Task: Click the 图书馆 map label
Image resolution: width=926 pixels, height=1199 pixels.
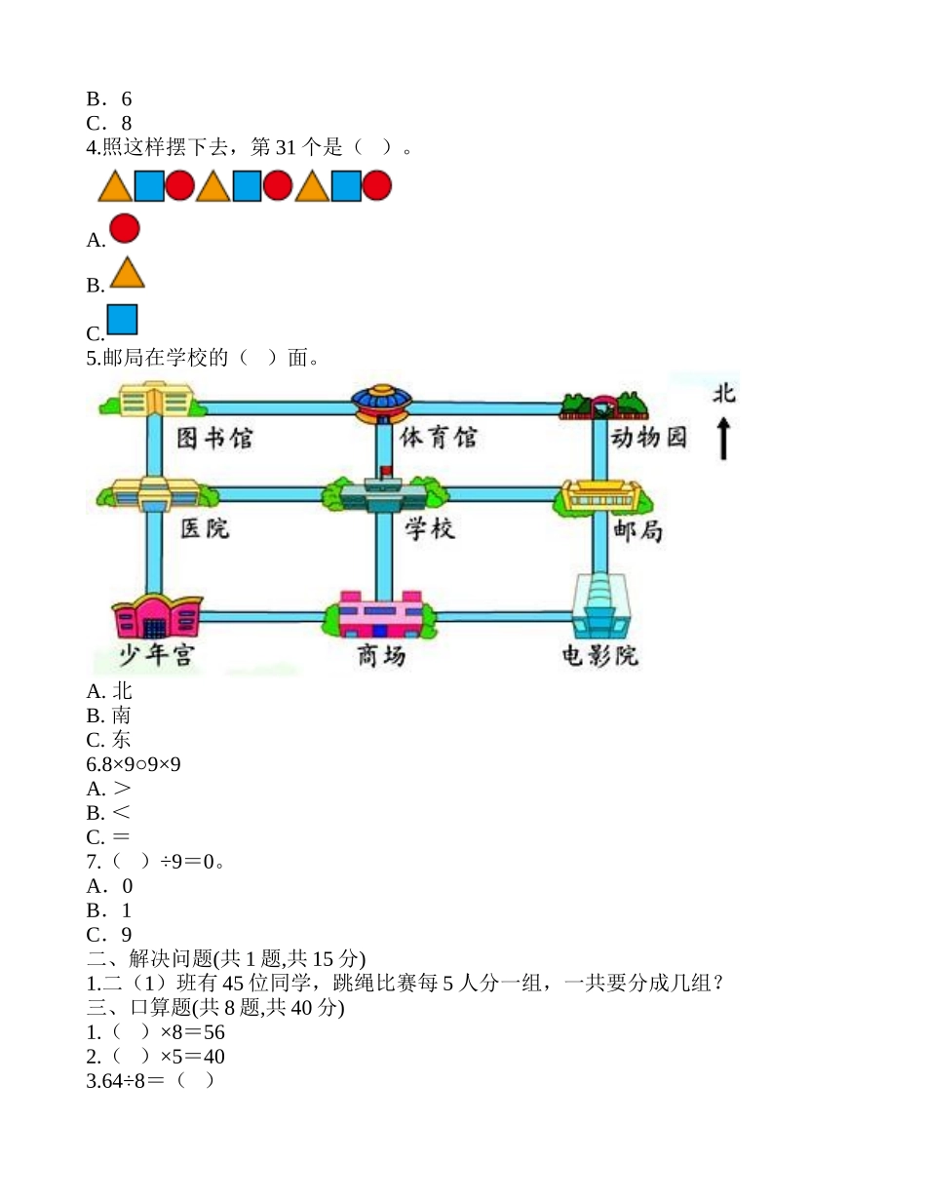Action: (x=214, y=439)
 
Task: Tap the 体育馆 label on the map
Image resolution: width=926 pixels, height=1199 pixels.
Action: (x=439, y=438)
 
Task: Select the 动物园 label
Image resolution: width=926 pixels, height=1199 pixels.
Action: (x=648, y=438)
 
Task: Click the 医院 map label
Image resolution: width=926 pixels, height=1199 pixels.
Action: (x=205, y=528)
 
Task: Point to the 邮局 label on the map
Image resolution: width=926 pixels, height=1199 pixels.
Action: (x=639, y=530)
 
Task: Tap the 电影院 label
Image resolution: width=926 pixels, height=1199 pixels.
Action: (x=599, y=655)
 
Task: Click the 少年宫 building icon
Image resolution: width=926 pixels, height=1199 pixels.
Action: (x=156, y=616)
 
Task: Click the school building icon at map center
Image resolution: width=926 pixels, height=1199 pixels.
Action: (x=382, y=495)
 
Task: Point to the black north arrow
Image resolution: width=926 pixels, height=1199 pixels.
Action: (x=723, y=439)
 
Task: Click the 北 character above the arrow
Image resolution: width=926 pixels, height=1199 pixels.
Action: (x=723, y=394)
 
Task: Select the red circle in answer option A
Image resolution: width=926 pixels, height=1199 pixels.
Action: (x=125, y=228)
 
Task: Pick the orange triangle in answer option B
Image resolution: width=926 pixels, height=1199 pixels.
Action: (x=127, y=274)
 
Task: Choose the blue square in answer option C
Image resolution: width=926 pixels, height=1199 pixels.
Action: (x=122, y=320)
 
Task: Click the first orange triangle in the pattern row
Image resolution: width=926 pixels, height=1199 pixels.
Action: (x=115, y=186)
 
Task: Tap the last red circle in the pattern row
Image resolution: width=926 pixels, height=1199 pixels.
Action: (x=376, y=185)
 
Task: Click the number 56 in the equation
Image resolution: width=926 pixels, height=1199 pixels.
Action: (x=214, y=1032)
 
